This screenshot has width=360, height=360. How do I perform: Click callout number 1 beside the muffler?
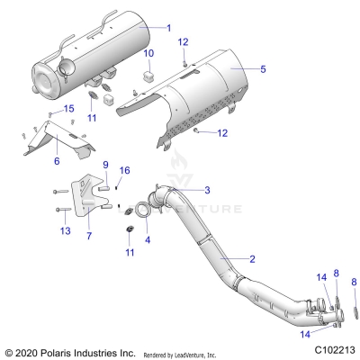click(167, 28)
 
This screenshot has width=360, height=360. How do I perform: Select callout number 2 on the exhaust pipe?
click(252, 258)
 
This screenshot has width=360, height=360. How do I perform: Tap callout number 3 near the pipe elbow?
click(207, 190)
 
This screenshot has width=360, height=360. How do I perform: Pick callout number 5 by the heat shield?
click(263, 68)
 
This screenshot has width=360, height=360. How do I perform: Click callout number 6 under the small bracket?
click(57, 161)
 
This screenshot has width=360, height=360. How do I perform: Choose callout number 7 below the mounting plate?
click(88, 236)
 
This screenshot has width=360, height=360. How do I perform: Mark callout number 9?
click(105, 165)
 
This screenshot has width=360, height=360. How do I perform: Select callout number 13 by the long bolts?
click(64, 231)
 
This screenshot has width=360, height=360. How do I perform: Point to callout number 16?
click(125, 170)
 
